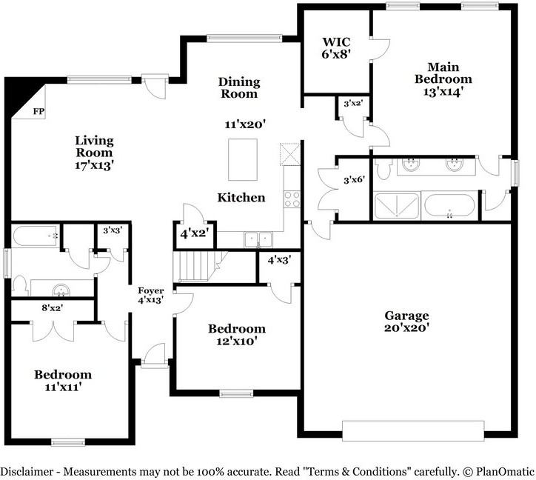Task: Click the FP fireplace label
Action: (x=38, y=111)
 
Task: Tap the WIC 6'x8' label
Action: (x=336, y=48)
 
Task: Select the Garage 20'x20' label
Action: (x=406, y=321)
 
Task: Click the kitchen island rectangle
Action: (x=243, y=159)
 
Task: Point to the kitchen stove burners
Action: (x=292, y=199)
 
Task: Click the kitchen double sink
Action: (x=258, y=239)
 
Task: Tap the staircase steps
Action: (x=197, y=266)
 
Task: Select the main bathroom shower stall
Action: (x=397, y=206)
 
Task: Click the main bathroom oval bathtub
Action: (x=449, y=206)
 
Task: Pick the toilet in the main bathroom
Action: (x=383, y=169)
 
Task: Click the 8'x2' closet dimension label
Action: (x=53, y=308)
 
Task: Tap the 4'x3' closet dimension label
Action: (x=279, y=260)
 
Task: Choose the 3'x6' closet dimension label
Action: (x=355, y=179)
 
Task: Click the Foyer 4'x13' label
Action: (x=151, y=296)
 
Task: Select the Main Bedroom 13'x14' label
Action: (x=443, y=79)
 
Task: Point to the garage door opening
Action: (x=413, y=431)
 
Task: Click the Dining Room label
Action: (x=239, y=87)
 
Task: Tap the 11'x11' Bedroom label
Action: (x=63, y=381)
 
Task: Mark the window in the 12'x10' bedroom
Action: (x=236, y=394)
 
